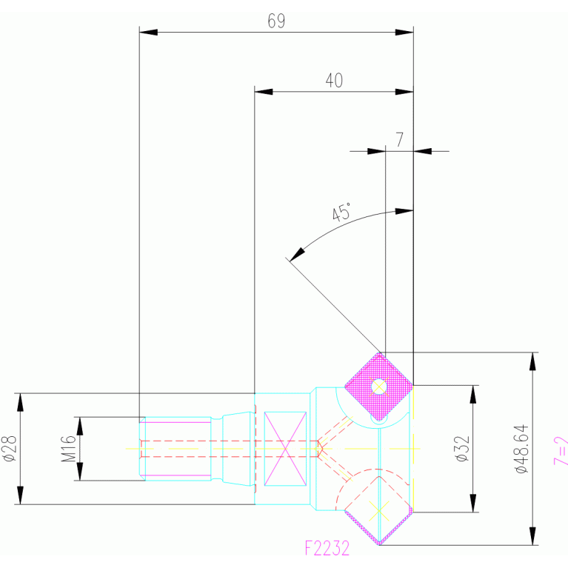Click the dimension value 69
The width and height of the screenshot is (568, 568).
(276, 21)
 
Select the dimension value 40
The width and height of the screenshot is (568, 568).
(334, 81)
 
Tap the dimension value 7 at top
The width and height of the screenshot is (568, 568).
(399, 139)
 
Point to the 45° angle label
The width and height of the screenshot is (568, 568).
(341, 214)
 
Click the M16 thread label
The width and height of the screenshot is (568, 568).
(68, 449)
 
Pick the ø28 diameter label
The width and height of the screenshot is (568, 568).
(10, 449)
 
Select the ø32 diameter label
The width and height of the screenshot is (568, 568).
(463, 449)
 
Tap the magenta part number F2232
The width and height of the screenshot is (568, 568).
(327, 549)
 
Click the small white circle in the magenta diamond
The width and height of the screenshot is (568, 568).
(379, 386)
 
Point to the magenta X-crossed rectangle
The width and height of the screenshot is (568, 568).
(285, 449)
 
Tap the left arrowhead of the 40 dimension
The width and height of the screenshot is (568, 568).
(264, 92)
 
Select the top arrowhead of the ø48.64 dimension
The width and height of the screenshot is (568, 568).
(531, 361)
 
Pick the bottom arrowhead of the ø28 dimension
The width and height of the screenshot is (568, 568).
(21, 495)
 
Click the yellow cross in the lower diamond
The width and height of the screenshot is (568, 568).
(379, 510)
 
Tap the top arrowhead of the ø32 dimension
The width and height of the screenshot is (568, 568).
(472, 394)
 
